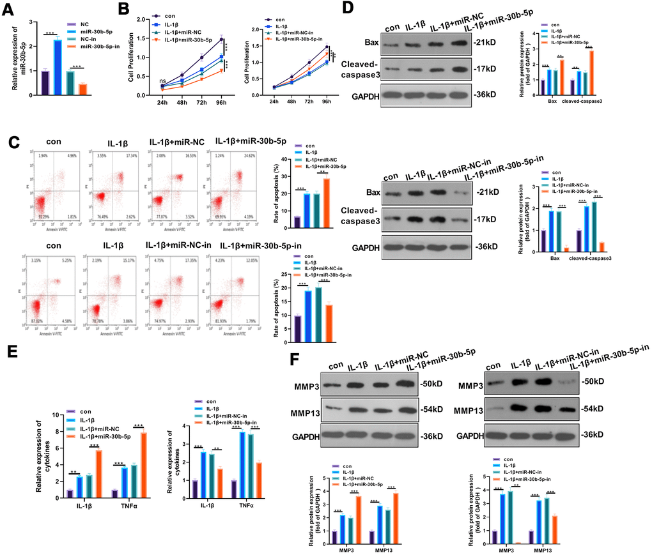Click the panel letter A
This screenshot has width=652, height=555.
[x=10, y=9]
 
